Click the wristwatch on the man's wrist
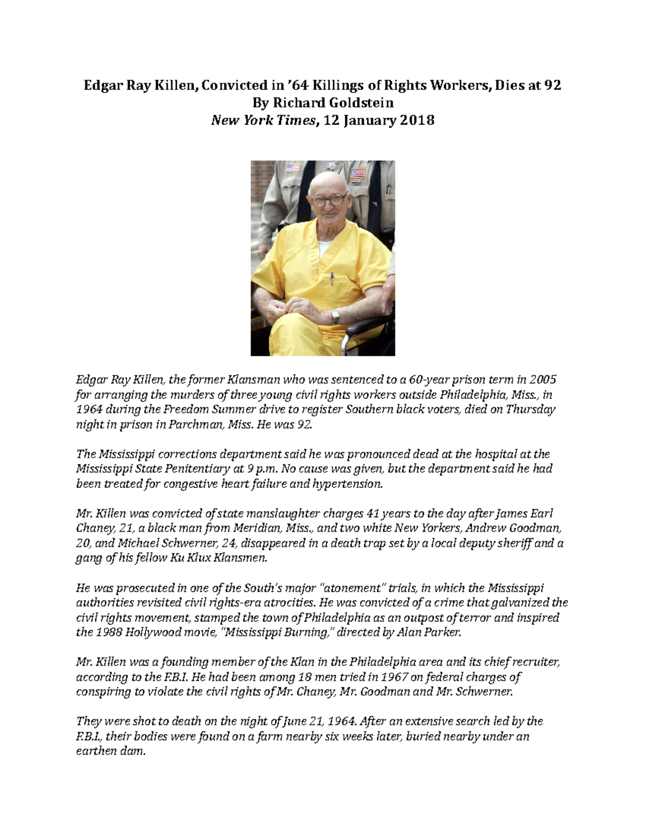(x=335, y=316)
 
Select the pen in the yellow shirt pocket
(x=332, y=278)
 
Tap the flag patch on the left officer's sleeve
(x=293, y=168)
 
